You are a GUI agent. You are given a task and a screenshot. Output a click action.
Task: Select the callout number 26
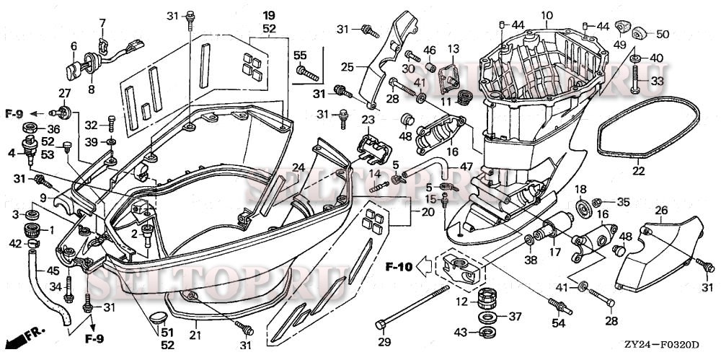point(660,211)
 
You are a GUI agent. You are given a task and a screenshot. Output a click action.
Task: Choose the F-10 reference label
point(397,266)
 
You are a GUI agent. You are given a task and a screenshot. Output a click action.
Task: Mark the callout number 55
point(300,55)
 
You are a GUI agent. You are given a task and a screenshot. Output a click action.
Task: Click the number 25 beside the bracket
point(347,67)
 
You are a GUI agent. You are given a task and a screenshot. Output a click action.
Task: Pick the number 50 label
point(662,34)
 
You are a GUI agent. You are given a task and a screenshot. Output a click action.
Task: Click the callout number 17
point(554,253)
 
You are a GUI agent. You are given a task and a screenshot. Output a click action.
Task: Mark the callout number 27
point(65,93)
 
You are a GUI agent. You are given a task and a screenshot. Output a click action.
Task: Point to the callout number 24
point(298,168)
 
